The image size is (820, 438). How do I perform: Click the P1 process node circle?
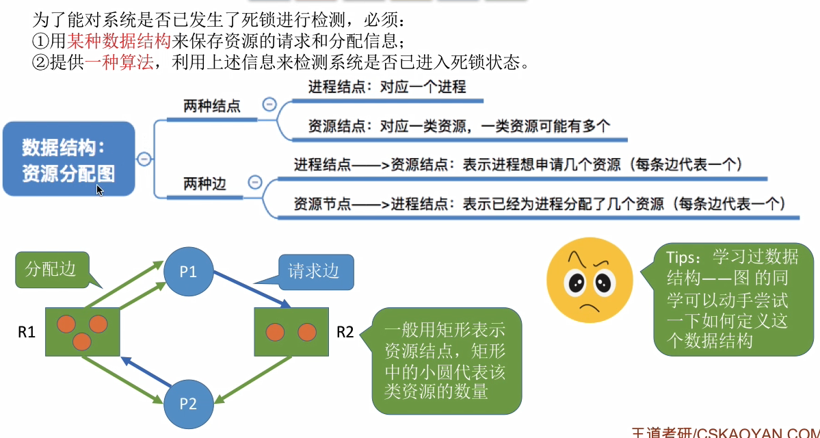(x=188, y=272)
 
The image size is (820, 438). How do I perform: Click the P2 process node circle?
(x=188, y=402)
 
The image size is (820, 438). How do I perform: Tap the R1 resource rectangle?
(x=83, y=331)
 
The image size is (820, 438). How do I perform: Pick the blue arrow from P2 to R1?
(x=146, y=370)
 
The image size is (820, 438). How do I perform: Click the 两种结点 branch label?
(x=212, y=107)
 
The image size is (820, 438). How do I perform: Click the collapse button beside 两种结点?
(x=269, y=105)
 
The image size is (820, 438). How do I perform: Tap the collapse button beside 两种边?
(x=255, y=182)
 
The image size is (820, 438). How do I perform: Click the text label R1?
(x=26, y=333)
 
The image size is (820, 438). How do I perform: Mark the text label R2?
(x=345, y=333)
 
